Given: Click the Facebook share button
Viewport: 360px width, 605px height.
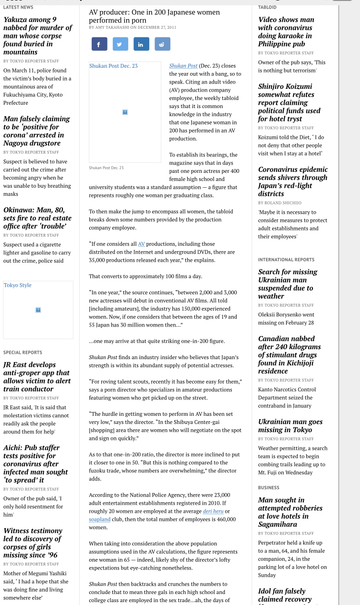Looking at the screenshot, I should [99, 44].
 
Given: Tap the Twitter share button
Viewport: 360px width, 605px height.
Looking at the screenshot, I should [120, 44].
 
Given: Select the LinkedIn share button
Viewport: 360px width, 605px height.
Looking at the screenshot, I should [141, 44].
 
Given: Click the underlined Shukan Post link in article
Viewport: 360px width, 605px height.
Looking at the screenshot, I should [183, 66].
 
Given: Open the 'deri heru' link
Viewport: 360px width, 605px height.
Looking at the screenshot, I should [213, 511].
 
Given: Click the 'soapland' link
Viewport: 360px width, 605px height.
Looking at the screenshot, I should [99, 519].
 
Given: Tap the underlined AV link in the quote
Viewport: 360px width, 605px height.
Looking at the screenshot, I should [141, 244].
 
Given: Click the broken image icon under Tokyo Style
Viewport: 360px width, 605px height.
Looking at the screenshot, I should [38, 310].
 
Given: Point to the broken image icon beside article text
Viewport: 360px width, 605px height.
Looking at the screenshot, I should [125, 112].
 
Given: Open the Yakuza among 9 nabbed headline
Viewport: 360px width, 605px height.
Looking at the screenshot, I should [37, 36].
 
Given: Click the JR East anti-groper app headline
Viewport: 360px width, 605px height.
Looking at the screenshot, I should [36, 377].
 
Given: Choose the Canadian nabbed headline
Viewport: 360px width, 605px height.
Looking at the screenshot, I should [289, 355].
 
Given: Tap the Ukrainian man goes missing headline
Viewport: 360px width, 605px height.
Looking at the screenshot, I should [290, 425].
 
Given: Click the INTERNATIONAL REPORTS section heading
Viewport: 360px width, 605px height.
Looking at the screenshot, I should [286, 260].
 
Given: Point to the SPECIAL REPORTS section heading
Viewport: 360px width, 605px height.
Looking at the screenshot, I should [23, 352].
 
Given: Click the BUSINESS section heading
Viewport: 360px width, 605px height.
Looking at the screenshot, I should [268, 487].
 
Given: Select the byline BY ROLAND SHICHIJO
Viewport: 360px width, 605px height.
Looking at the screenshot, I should [279, 203].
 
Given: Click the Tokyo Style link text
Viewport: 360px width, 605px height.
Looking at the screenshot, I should [18, 285].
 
